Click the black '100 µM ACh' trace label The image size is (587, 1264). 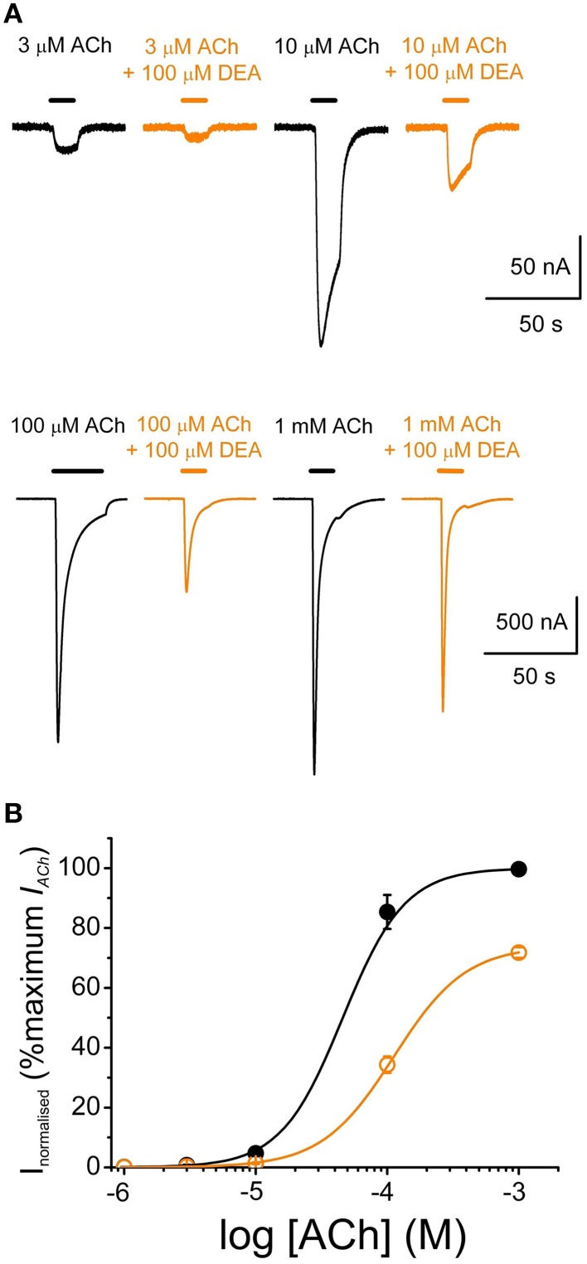tap(68, 426)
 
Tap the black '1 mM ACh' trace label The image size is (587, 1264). tap(323, 426)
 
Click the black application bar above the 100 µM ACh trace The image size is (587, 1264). tap(77, 470)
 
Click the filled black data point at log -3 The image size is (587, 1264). tap(519, 869)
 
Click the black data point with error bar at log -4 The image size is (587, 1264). tap(387, 912)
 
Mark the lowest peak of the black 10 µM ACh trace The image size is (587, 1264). tap(321, 346)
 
